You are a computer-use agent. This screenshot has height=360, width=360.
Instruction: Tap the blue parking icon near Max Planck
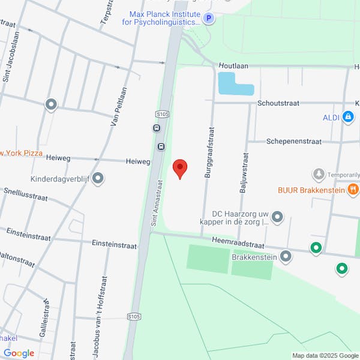[208, 19]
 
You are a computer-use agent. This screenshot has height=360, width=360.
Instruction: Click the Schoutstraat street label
[278, 103]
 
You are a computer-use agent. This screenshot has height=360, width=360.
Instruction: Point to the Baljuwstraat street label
[243, 170]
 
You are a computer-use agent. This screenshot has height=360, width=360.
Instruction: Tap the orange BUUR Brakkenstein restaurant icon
[353, 190]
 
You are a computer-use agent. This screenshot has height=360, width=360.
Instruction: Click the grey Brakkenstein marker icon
[286, 257]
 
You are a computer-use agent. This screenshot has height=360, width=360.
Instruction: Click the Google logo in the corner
[19, 353]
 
